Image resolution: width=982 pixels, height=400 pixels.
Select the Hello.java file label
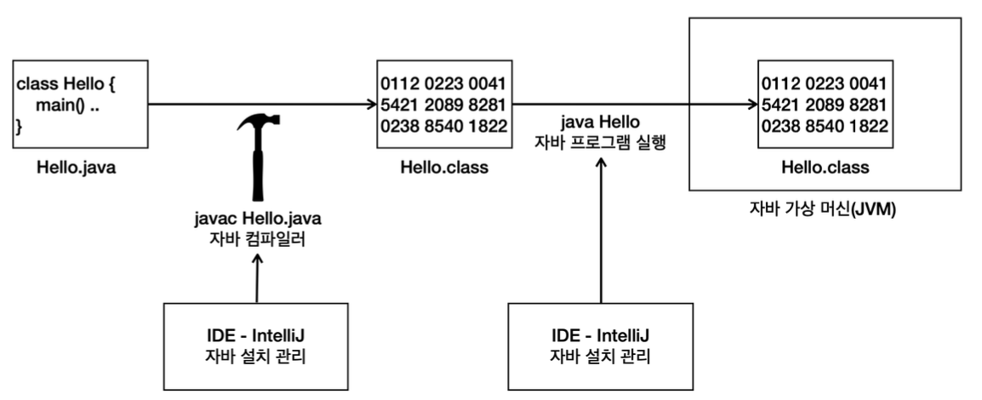76,168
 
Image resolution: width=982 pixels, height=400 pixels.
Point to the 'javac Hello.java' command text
257,220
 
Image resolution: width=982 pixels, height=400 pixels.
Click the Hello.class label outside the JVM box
443,168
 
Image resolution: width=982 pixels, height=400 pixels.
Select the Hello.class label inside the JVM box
825,168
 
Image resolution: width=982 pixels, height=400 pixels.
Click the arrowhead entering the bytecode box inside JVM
751,105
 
